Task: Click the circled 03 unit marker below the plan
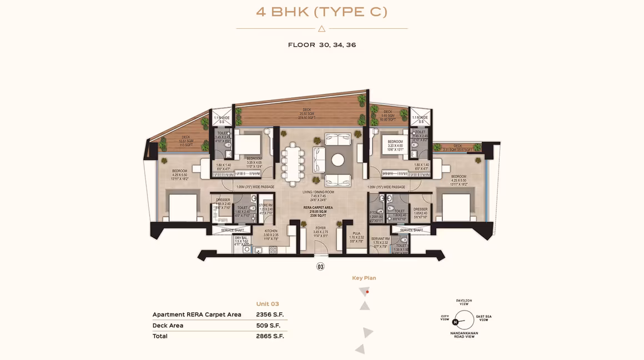tap(320, 267)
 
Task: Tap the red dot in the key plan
tap(368, 292)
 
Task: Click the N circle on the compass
tap(455, 322)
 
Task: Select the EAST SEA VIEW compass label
tap(484, 318)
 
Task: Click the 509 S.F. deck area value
tap(270, 326)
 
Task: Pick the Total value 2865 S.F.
tap(270, 336)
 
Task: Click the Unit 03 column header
tap(268, 304)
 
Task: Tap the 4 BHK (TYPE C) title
tap(321, 12)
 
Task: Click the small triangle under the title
tap(321, 28)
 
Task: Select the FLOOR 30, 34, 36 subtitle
tap(322, 45)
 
